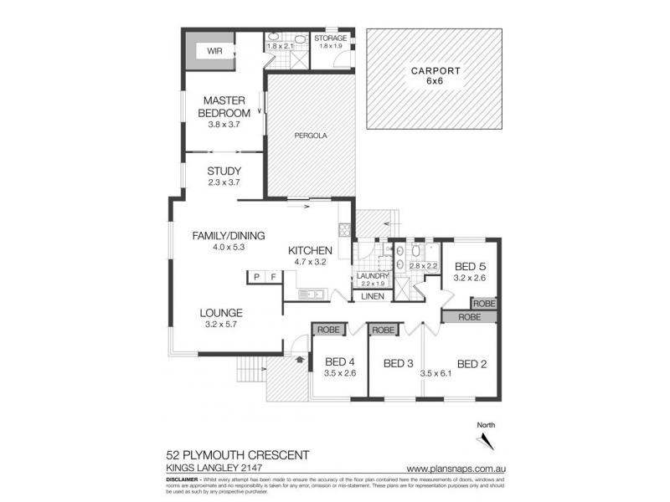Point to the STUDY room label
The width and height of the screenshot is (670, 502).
pos(224,172)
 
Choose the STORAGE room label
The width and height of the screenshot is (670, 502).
pos(331,38)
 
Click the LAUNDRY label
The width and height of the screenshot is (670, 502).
pos(373,276)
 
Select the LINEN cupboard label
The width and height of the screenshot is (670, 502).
pos(373,296)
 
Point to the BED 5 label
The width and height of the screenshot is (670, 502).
pos(470,266)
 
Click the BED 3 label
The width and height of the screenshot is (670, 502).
pos(399,363)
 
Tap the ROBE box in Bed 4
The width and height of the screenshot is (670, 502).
pos(327,330)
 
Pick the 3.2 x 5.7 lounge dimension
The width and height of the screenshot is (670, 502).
pos(221,325)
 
